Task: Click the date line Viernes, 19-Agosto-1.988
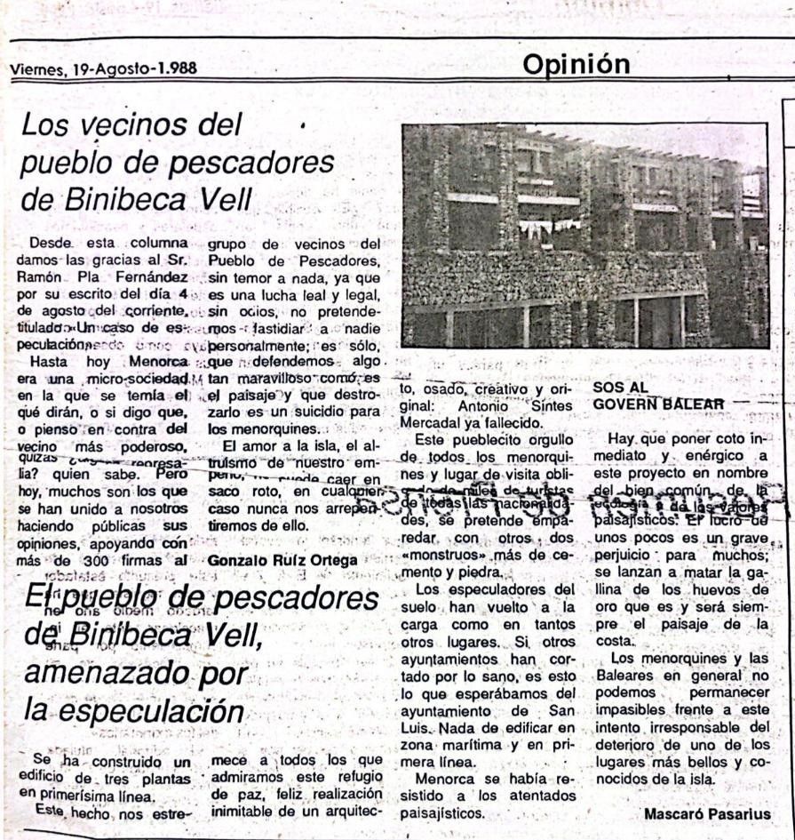103,68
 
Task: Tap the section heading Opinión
576,64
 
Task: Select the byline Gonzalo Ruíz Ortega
282,560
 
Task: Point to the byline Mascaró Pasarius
705,814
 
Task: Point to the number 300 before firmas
90,560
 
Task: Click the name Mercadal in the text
437,422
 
